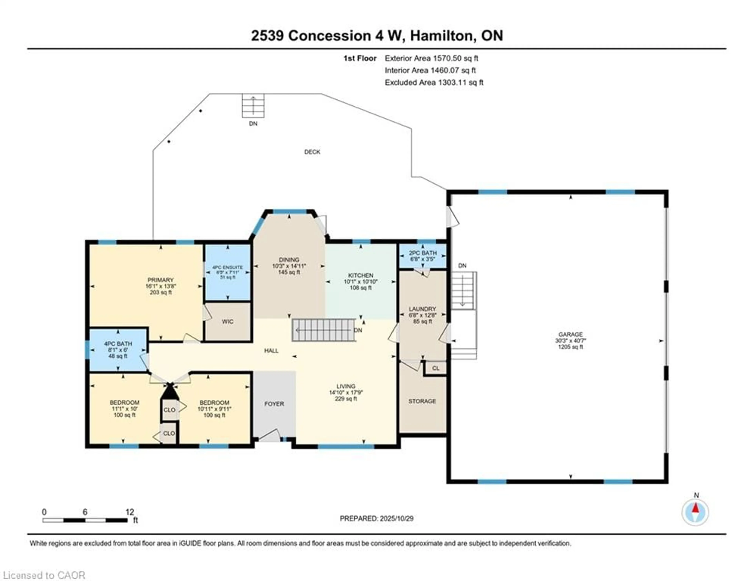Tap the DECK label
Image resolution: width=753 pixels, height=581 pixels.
312,152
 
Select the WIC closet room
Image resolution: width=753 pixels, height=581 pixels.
227,321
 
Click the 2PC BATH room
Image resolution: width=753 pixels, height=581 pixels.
423,256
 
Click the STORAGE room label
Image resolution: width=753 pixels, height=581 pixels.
422,401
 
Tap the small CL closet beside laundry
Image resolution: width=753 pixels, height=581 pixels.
436,368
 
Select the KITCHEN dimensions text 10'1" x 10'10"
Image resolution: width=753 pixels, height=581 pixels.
361,281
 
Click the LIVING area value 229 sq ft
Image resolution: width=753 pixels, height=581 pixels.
346,399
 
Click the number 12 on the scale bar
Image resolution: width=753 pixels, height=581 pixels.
130,512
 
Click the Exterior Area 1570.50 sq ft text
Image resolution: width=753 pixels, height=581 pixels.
431,58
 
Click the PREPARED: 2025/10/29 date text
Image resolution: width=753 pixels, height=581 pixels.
376,518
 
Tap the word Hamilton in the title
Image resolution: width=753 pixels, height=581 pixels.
441,36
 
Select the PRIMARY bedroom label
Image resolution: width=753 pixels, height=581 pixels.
160,280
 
